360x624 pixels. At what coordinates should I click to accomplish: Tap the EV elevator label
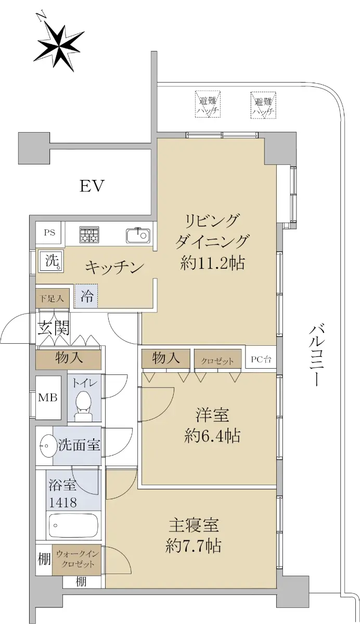(92, 186)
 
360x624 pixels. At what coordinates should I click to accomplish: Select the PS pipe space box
(50, 233)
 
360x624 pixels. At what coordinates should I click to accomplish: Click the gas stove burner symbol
(89, 233)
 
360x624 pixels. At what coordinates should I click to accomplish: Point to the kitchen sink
(138, 236)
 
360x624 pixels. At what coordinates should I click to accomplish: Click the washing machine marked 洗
(52, 261)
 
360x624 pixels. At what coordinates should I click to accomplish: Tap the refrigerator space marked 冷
(86, 296)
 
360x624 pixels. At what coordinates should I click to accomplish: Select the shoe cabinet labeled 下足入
(52, 298)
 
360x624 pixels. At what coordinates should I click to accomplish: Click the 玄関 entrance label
(54, 328)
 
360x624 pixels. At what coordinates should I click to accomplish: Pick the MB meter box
(48, 397)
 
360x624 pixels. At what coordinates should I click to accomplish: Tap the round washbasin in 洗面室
(46, 446)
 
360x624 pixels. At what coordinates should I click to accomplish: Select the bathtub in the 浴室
(73, 526)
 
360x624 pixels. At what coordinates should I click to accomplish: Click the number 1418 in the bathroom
(63, 502)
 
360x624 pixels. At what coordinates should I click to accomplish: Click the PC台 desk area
(261, 359)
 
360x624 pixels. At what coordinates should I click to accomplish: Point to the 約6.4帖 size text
(212, 436)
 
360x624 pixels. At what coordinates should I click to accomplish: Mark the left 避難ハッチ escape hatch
(208, 105)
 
